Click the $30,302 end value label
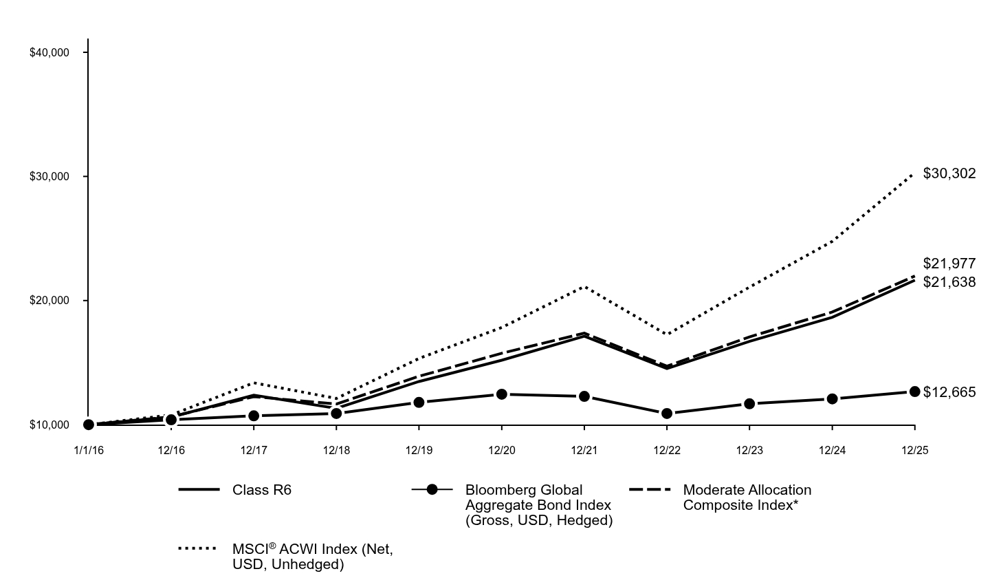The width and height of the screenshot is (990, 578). tap(949, 173)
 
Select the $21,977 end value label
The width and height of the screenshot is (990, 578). tap(949, 264)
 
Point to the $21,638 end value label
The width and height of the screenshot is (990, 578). tap(949, 282)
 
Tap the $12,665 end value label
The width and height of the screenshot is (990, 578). tap(949, 392)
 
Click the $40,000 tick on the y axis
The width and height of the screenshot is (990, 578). tap(49, 53)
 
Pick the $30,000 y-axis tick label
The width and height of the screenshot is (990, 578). tap(49, 177)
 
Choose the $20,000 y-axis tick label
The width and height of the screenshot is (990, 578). tap(49, 301)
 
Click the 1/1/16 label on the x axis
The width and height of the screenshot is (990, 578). tap(88, 451)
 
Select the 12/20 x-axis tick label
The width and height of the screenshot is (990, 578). tap(501, 451)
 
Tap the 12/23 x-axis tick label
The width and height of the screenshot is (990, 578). tap(749, 451)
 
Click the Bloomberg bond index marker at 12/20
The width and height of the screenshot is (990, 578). tap(501, 394)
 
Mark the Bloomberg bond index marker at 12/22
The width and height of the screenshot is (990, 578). tap(666, 414)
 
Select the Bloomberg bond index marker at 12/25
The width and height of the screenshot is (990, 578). tap(914, 392)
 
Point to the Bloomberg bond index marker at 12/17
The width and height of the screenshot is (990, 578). tap(254, 416)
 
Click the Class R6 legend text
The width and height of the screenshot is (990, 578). tap(262, 490)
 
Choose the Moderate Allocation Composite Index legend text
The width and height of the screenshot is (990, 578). tap(747, 497)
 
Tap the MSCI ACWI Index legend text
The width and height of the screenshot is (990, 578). tap(313, 557)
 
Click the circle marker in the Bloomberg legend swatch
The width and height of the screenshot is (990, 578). tap(432, 489)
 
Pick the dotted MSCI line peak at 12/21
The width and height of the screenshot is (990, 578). tap(584, 286)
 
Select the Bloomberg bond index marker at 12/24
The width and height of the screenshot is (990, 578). tap(832, 398)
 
